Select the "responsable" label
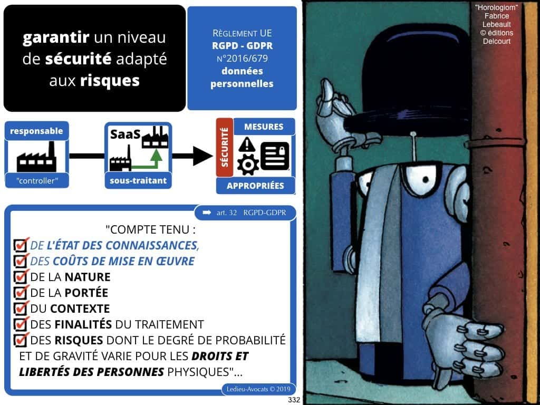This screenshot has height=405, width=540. [36, 131]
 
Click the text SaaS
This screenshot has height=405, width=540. [124, 135]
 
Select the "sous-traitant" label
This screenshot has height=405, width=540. [139, 180]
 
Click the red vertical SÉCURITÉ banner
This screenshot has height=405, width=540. [224, 148]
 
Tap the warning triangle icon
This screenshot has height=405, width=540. [246, 144]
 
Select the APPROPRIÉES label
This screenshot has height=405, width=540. [255, 186]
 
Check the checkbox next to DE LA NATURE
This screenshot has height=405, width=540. [21, 276]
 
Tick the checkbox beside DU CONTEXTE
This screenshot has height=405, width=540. [21, 308]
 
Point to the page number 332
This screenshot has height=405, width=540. [294, 400]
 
